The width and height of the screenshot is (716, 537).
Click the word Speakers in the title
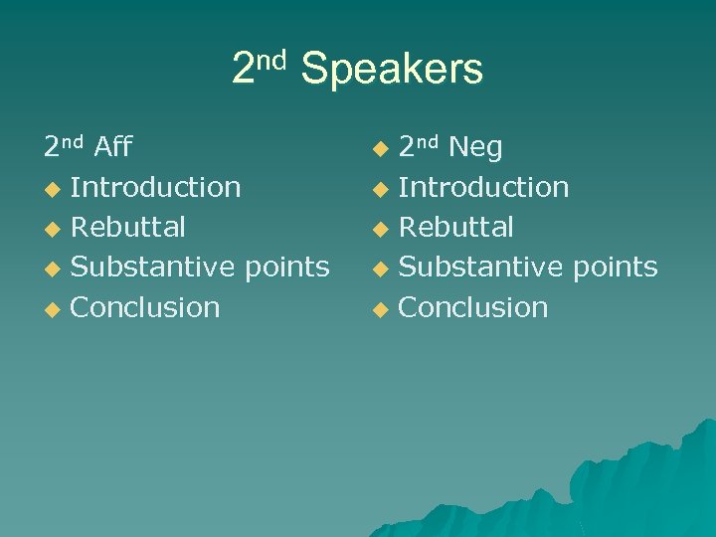(392, 70)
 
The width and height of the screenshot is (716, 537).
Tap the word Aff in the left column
(113, 148)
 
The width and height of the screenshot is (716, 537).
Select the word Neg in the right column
(475, 148)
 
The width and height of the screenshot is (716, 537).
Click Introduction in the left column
(156, 187)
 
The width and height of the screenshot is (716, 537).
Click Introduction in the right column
(483, 187)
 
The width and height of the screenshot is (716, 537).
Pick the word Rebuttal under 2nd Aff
(128, 227)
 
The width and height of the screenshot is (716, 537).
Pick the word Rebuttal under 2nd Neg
(455, 227)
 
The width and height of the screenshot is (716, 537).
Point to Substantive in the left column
(149, 267)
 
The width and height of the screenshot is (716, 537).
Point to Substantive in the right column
(476, 267)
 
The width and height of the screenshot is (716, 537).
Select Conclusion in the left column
(146, 307)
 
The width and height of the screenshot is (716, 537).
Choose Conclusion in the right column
(473, 307)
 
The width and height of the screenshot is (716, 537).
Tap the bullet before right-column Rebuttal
(378, 229)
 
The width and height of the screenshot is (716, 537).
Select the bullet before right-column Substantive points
(378, 268)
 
